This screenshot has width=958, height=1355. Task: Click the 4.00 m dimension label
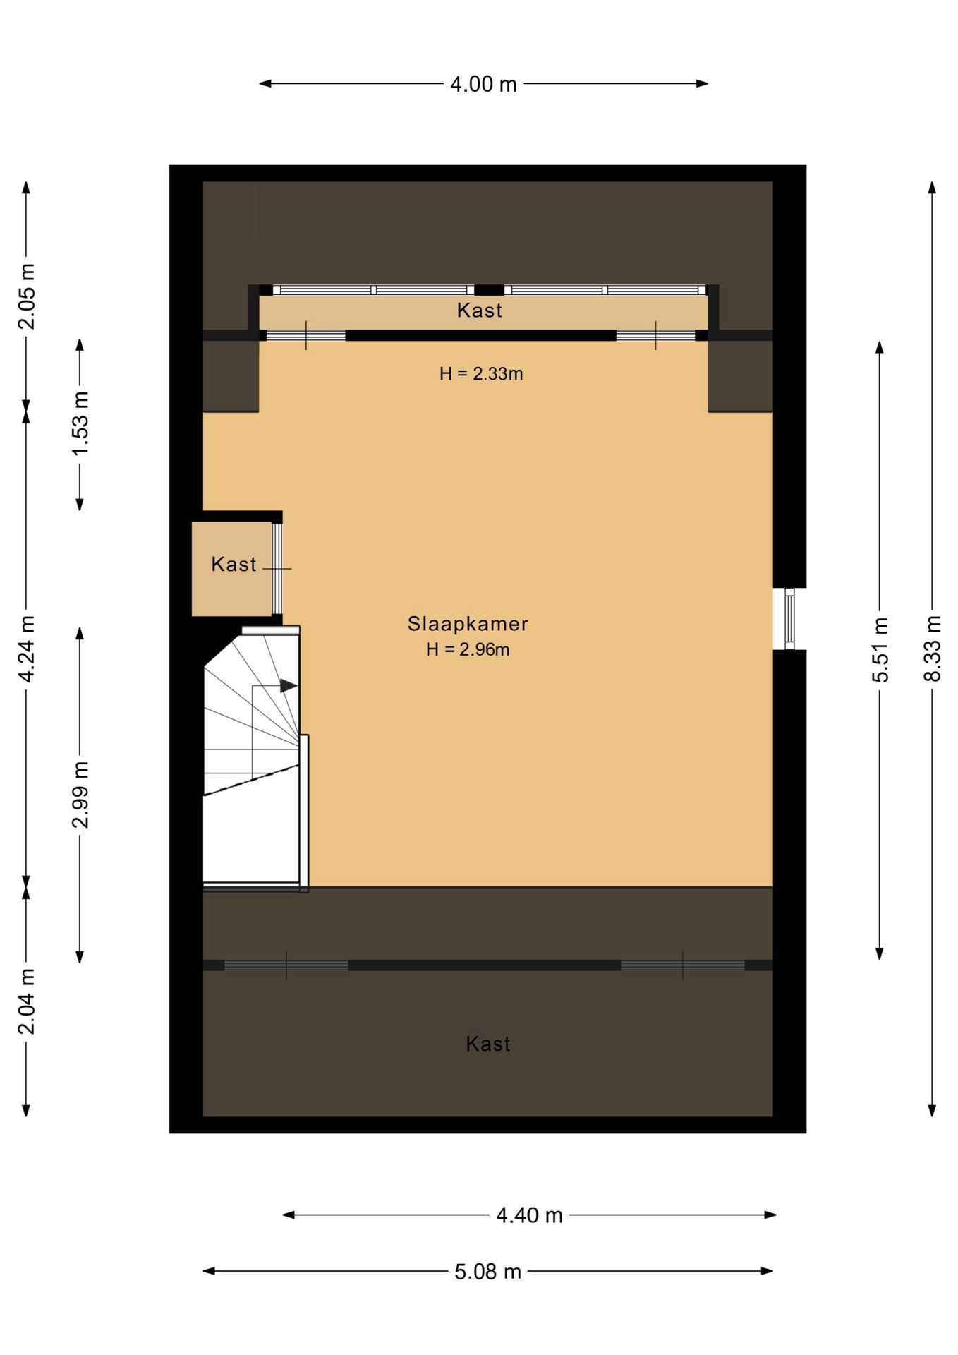point(483,84)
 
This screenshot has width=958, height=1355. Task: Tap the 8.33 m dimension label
point(932,649)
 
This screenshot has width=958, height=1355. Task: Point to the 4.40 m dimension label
point(529,1215)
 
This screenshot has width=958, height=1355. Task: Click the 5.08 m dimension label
point(487,1272)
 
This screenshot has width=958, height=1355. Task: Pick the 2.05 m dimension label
point(26,296)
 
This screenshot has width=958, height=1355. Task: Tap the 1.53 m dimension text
point(80,423)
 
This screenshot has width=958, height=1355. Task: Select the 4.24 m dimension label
point(26,649)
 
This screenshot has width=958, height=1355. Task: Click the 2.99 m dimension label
point(80,795)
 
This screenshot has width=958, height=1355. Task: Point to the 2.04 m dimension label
point(26,1001)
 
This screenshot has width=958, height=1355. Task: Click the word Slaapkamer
point(468,624)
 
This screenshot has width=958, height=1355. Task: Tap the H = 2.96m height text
point(468,649)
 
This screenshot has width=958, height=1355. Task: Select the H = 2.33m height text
point(481,374)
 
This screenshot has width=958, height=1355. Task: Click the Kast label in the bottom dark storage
point(488,1044)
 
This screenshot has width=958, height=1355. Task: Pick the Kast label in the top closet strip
point(480,311)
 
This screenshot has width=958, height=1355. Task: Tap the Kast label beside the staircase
point(234,565)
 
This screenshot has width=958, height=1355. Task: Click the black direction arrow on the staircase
point(289,685)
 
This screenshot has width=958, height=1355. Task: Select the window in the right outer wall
point(789,619)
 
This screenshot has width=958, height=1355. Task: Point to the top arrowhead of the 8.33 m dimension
point(932,188)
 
